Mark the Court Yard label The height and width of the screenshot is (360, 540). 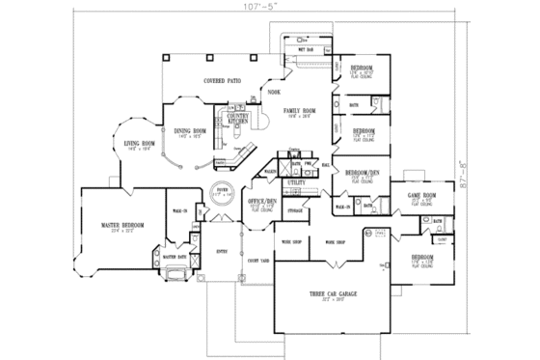click(257, 261)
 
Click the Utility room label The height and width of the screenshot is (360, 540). click(296, 181)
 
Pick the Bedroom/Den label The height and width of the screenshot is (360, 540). click(361, 174)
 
